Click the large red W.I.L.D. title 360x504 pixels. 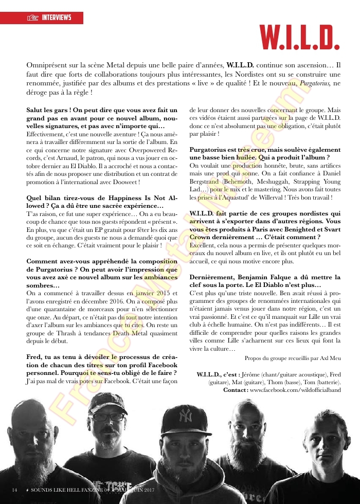tap(299, 36)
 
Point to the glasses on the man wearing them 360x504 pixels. tap(107, 417)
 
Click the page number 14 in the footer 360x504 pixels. tap(14, 489)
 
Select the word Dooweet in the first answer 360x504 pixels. tap(123, 183)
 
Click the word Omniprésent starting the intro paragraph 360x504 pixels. tap(47, 66)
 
